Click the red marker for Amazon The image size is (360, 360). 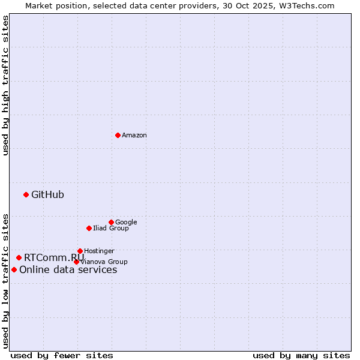coord(118,135)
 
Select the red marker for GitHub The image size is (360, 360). coord(26,194)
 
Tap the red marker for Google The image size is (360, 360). coord(111,222)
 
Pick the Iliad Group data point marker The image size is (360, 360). coord(89,228)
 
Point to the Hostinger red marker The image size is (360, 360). coord(80,251)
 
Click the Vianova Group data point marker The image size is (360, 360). coord(76,262)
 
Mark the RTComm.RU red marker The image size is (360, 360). coord(19,257)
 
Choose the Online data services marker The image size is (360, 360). coord(14,269)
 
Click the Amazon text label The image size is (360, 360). coord(134,136)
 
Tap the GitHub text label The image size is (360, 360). coord(47,194)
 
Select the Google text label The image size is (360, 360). coord(126,222)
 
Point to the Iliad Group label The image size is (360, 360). coord(111,228)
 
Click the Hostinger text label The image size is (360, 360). coord(99,251)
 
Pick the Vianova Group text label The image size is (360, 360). coord(104,262)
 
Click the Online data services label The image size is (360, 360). coord(68,269)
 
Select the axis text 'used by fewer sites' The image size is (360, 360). coord(62,355)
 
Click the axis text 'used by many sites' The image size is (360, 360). coord(301,355)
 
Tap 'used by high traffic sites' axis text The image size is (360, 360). coord(5,85)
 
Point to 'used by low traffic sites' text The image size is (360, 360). coord(5,280)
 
